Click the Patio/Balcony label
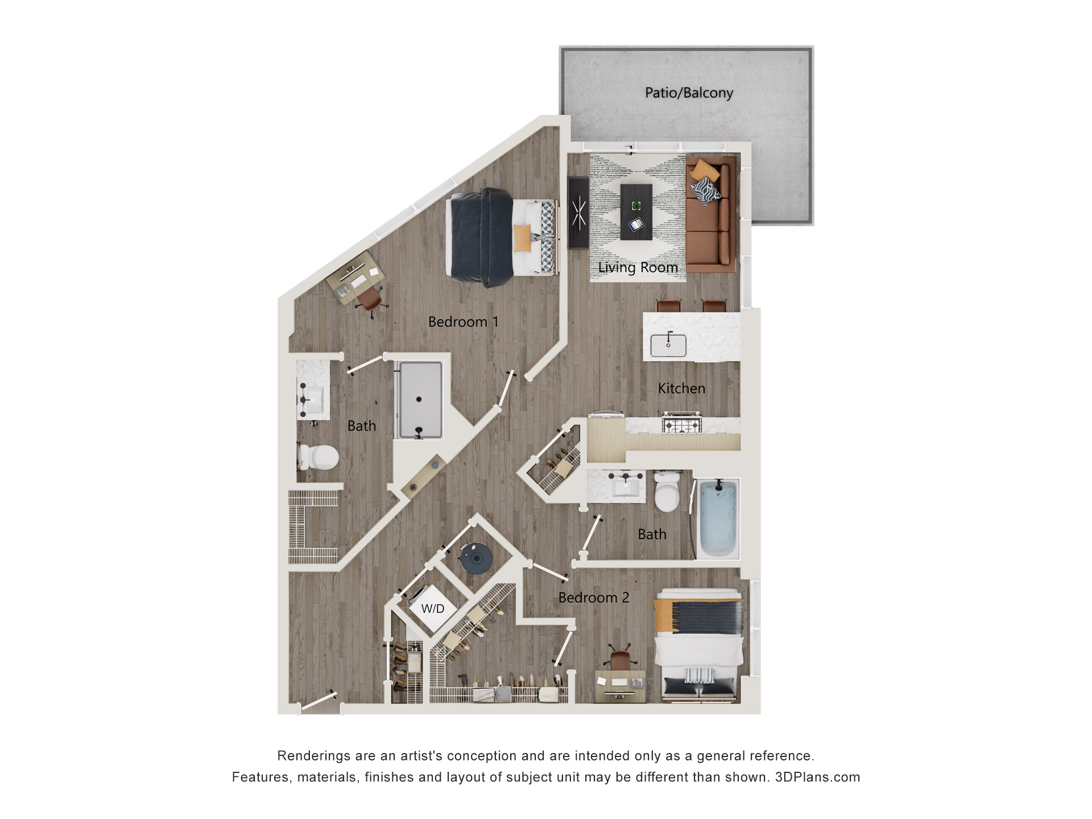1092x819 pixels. [x=688, y=93]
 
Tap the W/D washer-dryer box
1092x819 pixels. [x=433, y=609]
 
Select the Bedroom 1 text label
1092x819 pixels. [x=463, y=322]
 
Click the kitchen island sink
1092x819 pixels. [x=668, y=345]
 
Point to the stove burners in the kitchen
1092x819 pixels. [x=682, y=424]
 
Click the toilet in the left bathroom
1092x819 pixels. [x=320, y=457]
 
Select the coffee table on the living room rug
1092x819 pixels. [x=636, y=211]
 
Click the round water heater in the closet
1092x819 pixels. [x=476, y=558]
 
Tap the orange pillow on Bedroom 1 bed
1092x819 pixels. [x=522, y=238]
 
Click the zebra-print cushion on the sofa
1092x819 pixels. [x=705, y=191]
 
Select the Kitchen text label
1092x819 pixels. [x=681, y=388]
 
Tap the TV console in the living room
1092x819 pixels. [x=578, y=213]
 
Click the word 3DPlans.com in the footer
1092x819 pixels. [x=817, y=777]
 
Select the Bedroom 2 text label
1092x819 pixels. [x=593, y=598]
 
